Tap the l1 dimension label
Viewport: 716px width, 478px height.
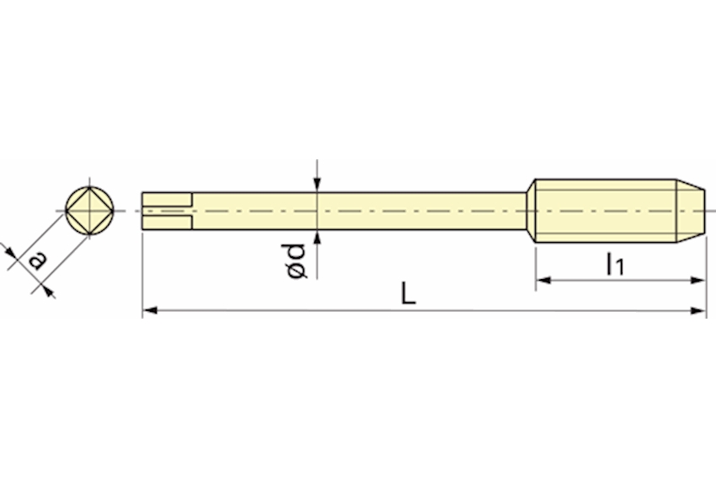pos(615,265)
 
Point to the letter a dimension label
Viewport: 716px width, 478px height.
pos(37,260)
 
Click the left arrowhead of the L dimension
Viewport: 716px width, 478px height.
pos(150,311)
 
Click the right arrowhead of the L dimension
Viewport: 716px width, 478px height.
pos(698,311)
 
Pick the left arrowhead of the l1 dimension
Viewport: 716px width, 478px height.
pos(543,280)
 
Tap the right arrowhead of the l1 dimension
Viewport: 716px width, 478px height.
pos(698,280)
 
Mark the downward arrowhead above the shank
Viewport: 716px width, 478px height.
pos(318,185)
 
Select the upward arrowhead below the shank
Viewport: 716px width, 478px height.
pos(318,238)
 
